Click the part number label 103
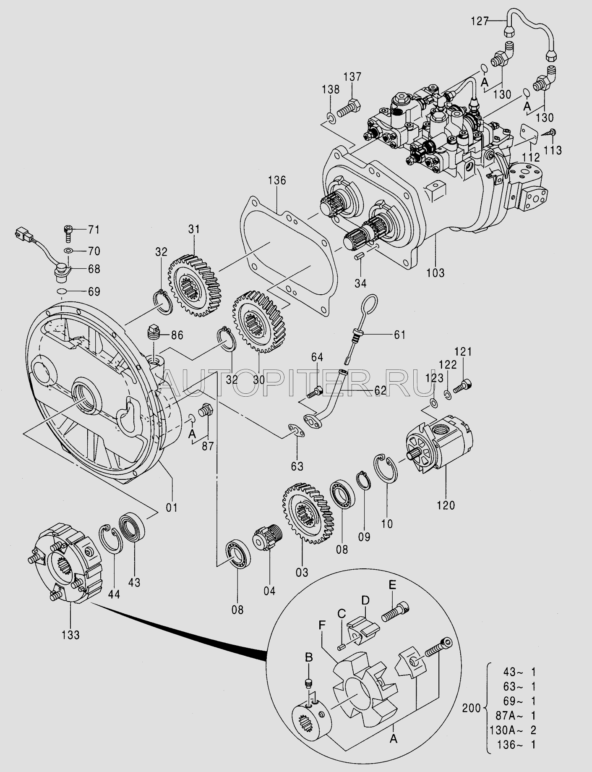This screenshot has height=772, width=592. (435, 272)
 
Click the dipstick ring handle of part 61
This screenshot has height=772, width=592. (368, 306)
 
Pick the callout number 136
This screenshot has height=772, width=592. (277, 181)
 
